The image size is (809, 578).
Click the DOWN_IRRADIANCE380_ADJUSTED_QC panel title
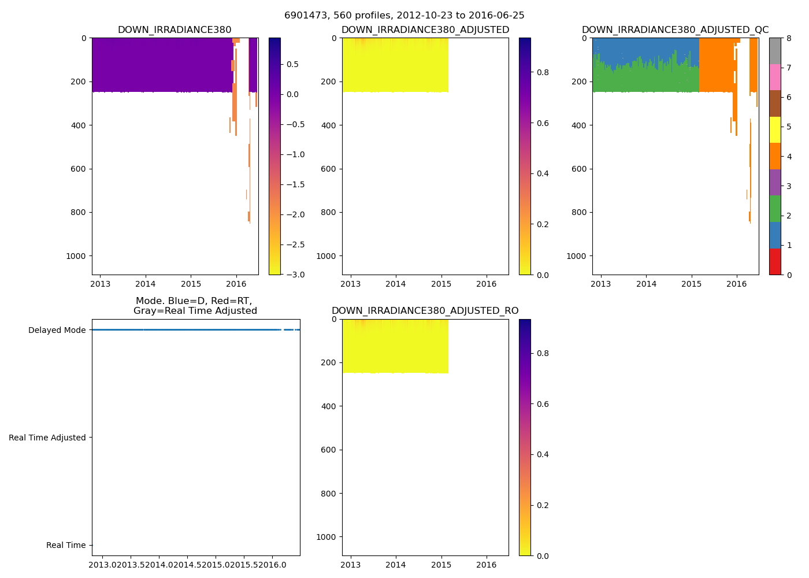675,30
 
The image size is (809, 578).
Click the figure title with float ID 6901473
404,16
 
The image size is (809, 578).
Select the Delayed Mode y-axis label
57,330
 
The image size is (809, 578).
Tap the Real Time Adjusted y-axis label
47,438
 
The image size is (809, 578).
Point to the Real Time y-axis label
66,545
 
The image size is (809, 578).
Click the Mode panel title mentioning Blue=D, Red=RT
195,306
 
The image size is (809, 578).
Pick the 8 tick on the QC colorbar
789,38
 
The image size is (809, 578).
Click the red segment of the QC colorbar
775,261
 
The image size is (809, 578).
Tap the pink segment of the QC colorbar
775,77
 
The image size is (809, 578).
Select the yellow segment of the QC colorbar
775,129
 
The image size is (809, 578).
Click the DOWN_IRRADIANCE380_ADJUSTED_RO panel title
425,311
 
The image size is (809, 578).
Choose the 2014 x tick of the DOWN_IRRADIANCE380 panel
146,284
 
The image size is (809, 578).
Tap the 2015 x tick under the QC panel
691,284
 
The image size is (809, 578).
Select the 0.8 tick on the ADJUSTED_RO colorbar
541,353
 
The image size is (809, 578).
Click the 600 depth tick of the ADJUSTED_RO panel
328,450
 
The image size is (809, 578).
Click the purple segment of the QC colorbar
775,182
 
